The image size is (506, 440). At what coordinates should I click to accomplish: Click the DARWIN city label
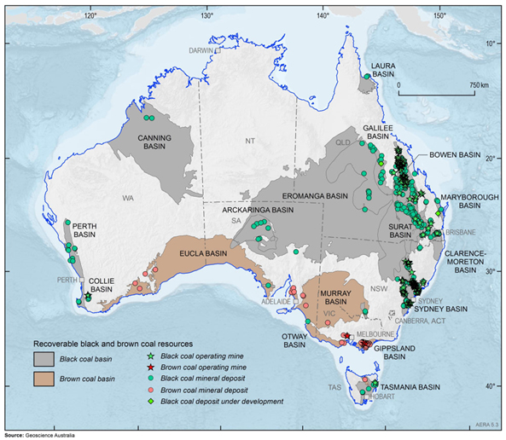(201, 50)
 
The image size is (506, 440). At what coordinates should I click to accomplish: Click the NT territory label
(250, 140)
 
